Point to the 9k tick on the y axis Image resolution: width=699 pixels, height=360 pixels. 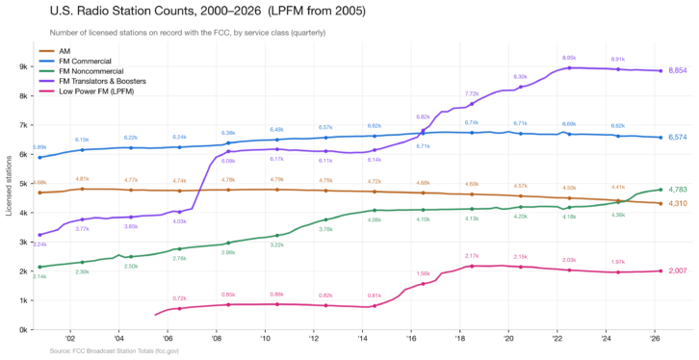22,67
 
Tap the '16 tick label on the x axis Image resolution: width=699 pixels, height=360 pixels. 411,340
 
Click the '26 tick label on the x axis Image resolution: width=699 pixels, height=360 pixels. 656,340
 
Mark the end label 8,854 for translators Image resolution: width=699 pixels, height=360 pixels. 678,70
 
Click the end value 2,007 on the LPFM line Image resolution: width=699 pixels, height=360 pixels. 678,270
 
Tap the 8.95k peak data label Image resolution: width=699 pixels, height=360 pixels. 569,58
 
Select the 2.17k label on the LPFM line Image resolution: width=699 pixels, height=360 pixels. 472,256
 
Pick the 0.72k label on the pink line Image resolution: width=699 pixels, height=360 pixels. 179,298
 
